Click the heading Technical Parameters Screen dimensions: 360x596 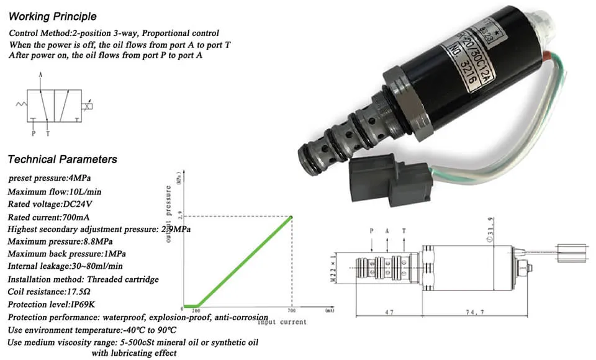pos(62,160)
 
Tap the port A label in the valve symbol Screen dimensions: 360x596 pos(40,74)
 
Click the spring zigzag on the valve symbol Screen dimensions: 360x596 pos(21,106)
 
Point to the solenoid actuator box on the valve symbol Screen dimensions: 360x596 pos(89,106)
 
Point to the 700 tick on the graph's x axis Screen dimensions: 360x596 pos(291,310)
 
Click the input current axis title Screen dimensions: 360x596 pos(282,322)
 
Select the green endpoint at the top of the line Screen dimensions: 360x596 pos(291,217)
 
